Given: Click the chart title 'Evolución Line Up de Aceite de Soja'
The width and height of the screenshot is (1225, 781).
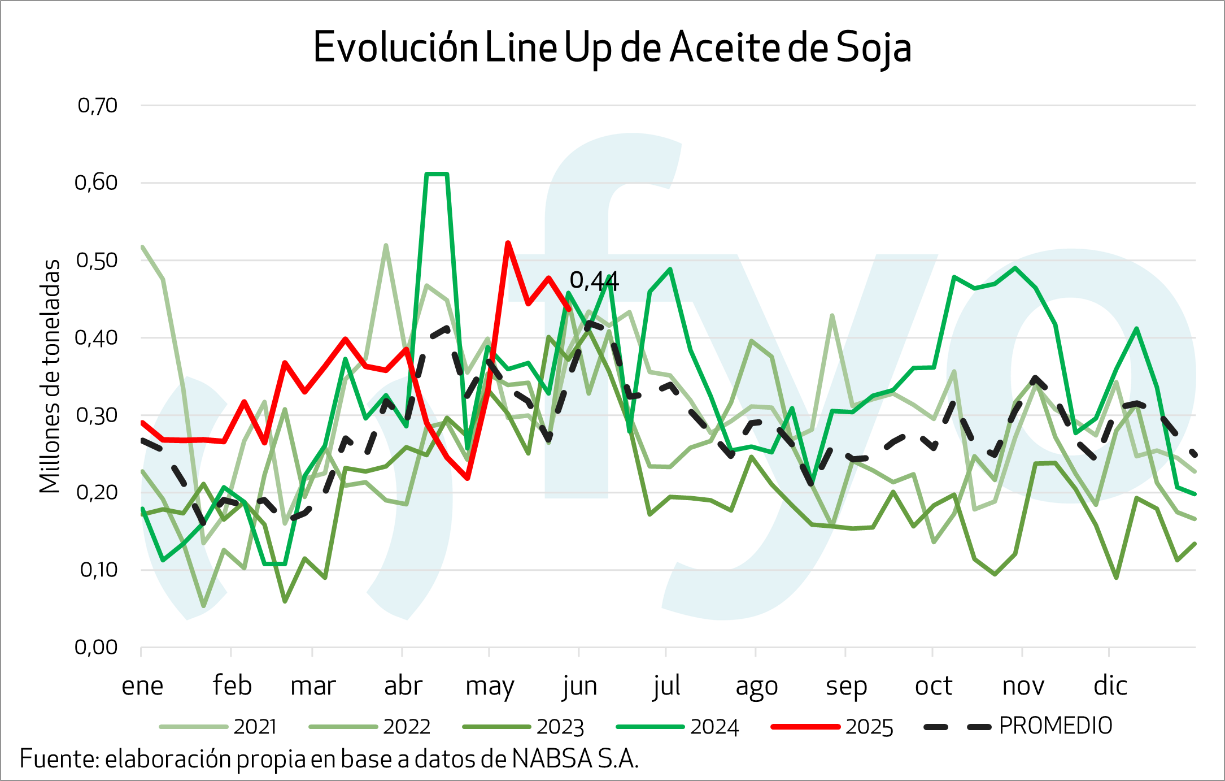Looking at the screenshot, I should (x=612, y=47).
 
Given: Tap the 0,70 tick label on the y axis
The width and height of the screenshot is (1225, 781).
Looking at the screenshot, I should (x=97, y=106).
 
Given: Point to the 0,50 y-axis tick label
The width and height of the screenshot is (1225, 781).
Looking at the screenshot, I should (x=97, y=261).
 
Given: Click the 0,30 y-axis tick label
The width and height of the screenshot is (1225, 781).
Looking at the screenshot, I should (x=97, y=415).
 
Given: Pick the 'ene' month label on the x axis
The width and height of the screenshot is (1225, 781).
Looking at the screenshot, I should (x=142, y=686).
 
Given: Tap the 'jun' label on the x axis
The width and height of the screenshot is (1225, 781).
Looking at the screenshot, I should (x=579, y=686).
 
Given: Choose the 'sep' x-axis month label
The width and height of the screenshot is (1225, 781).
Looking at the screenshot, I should (x=846, y=686).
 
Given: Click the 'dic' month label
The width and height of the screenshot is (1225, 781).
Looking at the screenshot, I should (x=1110, y=686).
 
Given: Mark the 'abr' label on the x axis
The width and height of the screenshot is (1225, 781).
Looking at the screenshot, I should (x=403, y=686).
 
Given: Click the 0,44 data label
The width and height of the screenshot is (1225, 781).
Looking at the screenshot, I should (x=594, y=280).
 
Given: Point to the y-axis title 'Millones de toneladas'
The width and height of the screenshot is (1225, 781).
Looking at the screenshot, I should (x=50, y=376).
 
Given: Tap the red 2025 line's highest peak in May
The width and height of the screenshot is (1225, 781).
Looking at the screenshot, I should (x=508, y=242).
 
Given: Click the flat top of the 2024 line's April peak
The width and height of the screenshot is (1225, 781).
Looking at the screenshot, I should (x=437, y=174).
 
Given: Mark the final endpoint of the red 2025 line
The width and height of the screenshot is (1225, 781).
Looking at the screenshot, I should (x=569, y=309).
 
